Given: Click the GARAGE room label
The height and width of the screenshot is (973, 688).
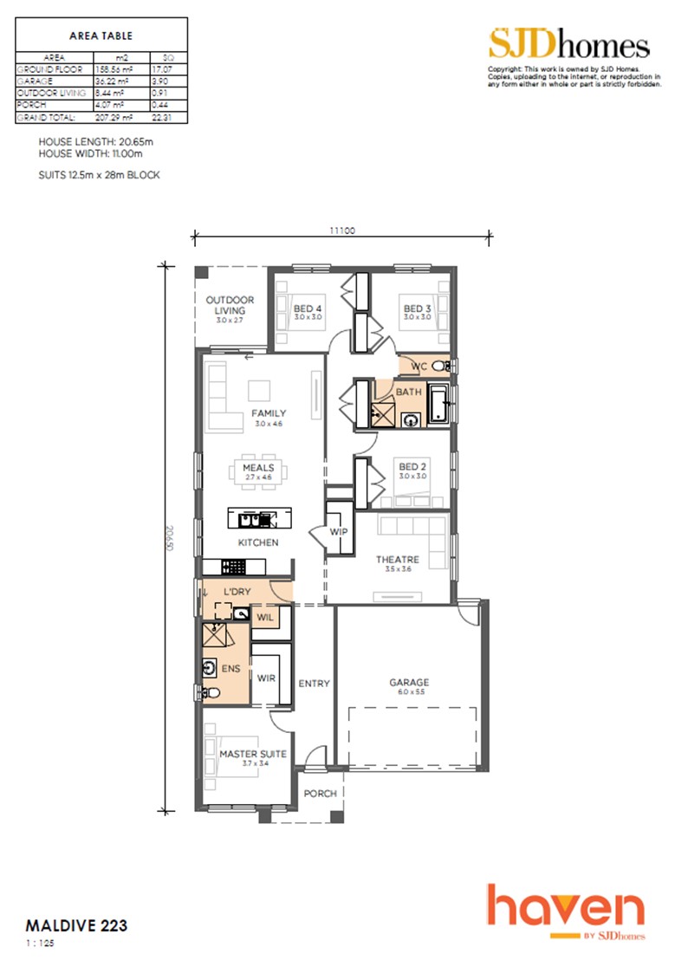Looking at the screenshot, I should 408,682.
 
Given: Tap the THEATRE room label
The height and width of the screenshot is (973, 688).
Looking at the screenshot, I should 397,560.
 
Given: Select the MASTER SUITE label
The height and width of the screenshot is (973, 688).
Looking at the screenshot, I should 252,754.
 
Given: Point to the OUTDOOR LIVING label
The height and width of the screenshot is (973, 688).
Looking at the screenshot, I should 230,305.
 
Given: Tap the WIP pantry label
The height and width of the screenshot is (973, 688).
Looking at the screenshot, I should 338,531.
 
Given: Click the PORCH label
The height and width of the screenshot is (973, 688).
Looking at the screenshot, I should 319,794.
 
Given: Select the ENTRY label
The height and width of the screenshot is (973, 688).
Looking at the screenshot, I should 314,684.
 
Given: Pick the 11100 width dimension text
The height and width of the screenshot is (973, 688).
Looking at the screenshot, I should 342,231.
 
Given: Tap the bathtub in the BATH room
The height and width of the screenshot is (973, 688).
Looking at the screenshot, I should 439,405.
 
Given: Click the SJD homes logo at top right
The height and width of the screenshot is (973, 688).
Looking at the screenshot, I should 568,45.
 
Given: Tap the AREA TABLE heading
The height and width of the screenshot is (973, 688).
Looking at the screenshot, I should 101,36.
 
